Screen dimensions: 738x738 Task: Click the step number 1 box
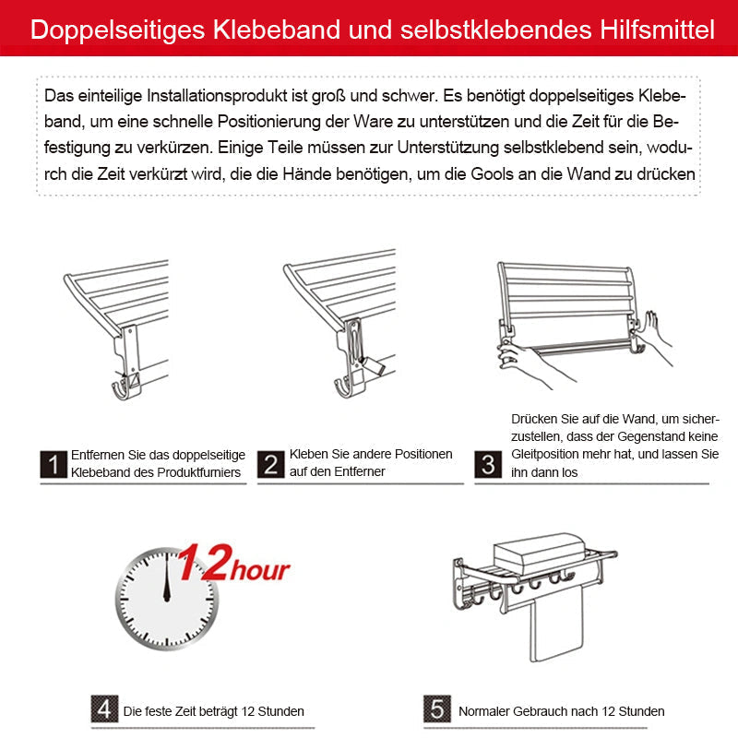pyautogui.click(x=54, y=465)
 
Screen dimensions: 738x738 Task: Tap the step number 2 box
pyautogui.click(x=270, y=465)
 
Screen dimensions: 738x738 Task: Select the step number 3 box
pyautogui.click(x=489, y=465)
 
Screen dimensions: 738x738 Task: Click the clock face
pyautogui.click(x=167, y=599)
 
